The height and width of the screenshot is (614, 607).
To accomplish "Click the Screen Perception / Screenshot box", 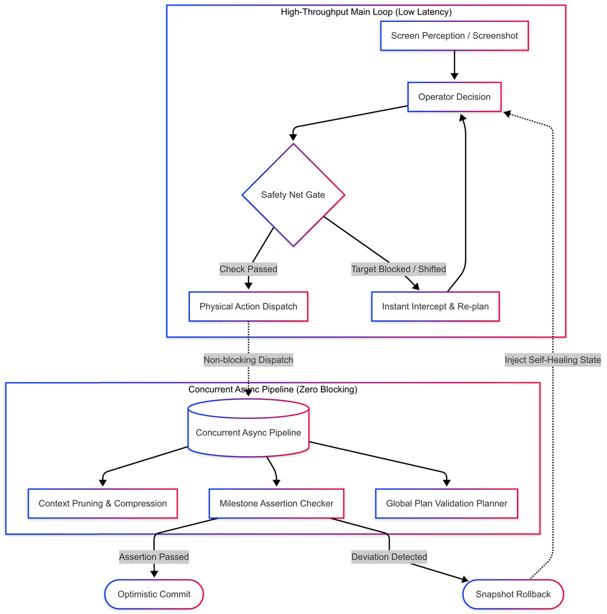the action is click(454, 35).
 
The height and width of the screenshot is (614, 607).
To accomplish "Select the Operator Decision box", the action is click(454, 97).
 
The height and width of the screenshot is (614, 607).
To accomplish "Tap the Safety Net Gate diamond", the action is click(293, 195).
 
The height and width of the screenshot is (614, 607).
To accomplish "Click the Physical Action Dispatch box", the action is click(248, 306).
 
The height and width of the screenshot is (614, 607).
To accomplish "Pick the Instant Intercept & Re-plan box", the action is click(435, 306).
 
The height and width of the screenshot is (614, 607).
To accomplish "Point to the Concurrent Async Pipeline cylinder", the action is click(248, 427).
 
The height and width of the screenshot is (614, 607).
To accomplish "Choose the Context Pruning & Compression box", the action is click(102, 503).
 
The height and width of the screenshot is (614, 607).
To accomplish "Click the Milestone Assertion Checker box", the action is click(277, 503).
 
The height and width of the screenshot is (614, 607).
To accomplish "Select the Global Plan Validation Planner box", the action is click(447, 503).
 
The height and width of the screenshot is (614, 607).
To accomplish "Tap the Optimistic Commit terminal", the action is click(154, 594).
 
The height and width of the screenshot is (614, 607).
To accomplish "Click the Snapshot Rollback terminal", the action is click(513, 594).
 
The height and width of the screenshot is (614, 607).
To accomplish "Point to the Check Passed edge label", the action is click(248, 269).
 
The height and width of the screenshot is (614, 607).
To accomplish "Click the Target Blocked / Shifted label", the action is click(398, 269).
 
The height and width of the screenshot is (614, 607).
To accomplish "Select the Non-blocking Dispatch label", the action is click(248, 360).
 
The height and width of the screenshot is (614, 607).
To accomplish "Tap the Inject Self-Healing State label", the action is click(552, 360).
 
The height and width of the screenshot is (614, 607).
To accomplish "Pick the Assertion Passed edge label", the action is click(154, 557).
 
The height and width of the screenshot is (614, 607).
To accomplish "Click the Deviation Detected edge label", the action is click(389, 557).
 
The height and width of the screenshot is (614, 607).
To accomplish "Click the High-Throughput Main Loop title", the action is click(366, 12).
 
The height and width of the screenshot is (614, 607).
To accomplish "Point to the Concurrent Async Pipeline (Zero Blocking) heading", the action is click(273, 389).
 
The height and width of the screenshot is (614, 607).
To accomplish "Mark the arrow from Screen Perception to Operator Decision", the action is click(454, 65).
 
